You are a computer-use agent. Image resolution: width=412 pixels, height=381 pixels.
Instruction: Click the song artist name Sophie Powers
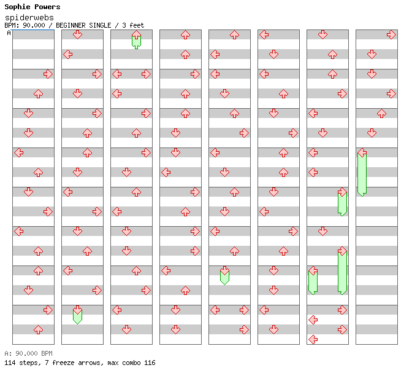click(32, 7)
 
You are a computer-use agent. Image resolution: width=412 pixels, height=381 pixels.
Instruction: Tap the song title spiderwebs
click(29, 18)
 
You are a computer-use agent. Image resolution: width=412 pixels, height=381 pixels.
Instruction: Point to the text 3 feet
click(132, 25)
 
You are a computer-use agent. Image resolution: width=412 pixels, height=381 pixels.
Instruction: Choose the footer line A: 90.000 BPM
click(28, 353)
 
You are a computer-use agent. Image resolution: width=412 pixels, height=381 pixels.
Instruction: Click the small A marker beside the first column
click(9, 33)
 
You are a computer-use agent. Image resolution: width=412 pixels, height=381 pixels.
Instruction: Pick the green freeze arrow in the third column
click(136, 40)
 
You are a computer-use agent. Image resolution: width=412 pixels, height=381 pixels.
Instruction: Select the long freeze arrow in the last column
click(362, 172)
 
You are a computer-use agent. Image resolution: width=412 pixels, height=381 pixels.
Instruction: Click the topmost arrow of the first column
click(48, 74)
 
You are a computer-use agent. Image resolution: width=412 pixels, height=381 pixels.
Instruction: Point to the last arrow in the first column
click(38, 329)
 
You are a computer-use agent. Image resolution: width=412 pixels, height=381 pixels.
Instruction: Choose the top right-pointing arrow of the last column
click(391, 34)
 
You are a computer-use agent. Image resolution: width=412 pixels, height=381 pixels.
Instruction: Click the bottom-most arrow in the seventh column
click(313, 339)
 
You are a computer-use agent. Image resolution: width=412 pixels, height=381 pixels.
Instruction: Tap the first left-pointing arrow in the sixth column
click(264, 34)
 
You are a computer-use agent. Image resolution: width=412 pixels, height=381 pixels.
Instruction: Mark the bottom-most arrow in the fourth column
click(175, 329)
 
